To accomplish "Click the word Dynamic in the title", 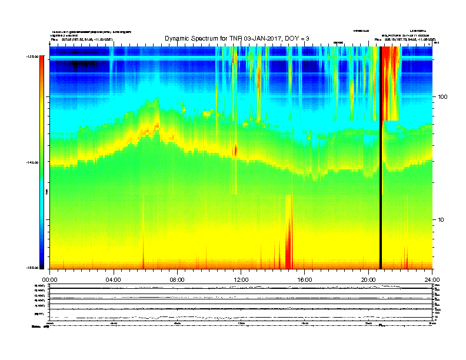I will click(x=179, y=39).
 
